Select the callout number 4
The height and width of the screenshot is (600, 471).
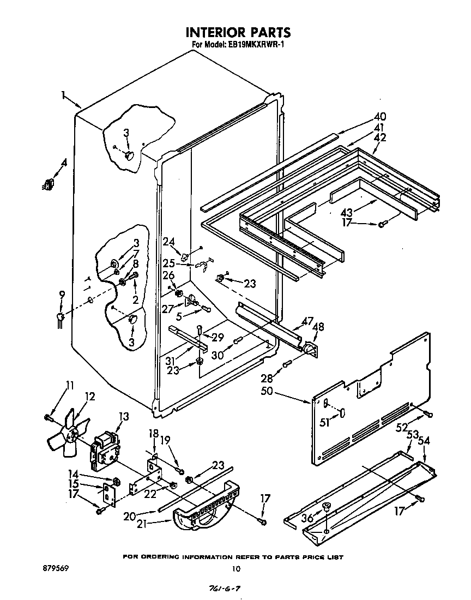pyautogui.click(x=64, y=162)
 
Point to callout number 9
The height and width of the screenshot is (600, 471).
pyautogui.click(x=62, y=295)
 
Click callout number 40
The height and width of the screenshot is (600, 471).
pyautogui.click(x=379, y=116)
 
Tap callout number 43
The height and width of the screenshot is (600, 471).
pyautogui.click(x=361, y=212)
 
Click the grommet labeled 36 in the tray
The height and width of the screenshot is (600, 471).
pyautogui.click(x=326, y=507)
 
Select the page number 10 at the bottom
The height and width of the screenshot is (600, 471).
pyautogui.click(x=235, y=568)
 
